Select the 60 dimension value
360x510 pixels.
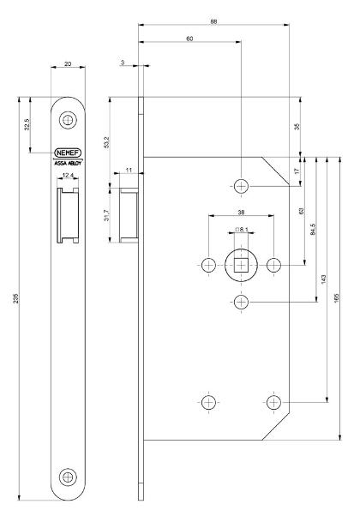(189, 39)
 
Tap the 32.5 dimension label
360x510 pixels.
(27, 125)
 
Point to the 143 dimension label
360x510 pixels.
(324, 279)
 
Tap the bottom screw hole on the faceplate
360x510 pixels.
(68, 477)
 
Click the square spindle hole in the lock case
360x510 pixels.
(241, 265)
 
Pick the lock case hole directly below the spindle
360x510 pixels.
(241, 303)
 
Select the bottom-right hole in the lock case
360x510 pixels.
(273, 401)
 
